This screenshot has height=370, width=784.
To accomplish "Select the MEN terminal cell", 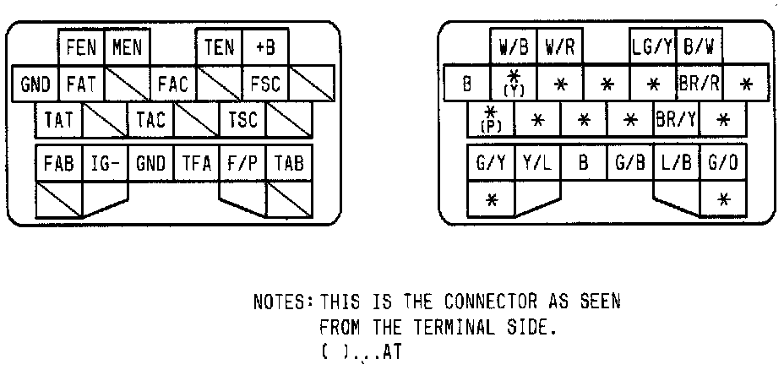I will [x=127, y=47].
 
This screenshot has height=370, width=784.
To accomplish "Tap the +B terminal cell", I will [x=265, y=47].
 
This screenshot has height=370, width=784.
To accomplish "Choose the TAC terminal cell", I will [x=150, y=120].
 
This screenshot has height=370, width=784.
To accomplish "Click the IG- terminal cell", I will [x=104, y=163].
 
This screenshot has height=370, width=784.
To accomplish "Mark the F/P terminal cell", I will [x=242, y=163].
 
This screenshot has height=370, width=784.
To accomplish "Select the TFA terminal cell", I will [x=196, y=163].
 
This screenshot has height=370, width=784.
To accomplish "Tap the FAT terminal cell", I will [x=80, y=84].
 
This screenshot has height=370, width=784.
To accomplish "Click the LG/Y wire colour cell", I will [x=651, y=47].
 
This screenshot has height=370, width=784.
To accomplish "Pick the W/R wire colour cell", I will [x=559, y=47].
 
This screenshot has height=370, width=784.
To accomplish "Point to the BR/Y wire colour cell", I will [x=676, y=120].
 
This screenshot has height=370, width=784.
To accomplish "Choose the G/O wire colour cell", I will [x=722, y=163].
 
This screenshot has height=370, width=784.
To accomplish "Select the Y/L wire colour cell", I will [x=536, y=163].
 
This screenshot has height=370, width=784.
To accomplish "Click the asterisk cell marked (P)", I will [x=490, y=120].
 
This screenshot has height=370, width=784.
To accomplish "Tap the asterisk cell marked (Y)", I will [x=514, y=84].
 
